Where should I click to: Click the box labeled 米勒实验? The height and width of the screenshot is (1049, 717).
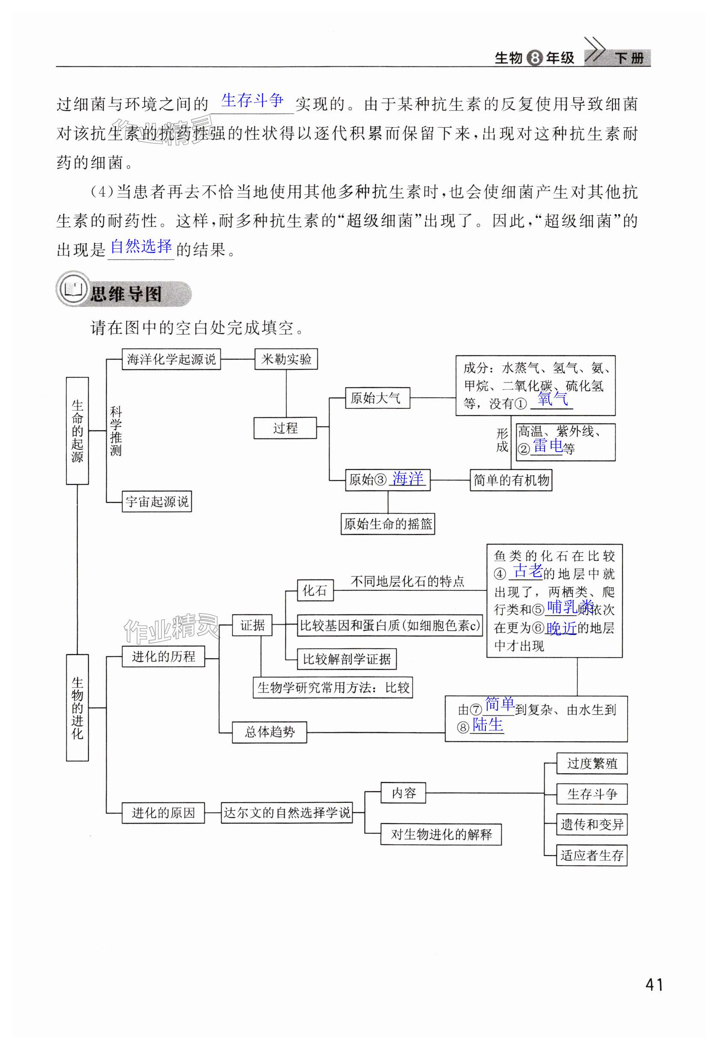click(x=286, y=359)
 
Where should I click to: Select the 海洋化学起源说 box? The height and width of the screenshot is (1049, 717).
click(x=171, y=359)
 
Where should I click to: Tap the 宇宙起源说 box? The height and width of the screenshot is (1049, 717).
click(x=157, y=501)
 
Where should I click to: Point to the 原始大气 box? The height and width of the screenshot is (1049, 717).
click(x=377, y=398)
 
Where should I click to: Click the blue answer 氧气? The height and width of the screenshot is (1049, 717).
click(x=552, y=399)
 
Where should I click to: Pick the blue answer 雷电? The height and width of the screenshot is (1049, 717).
click(x=547, y=446)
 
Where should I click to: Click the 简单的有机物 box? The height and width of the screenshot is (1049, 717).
click(x=511, y=480)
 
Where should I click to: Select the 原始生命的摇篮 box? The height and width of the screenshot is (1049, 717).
click(x=387, y=524)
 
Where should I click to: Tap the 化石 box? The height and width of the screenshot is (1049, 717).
click(x=315, y=590)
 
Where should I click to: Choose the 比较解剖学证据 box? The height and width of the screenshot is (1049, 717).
click(x=347, y=659)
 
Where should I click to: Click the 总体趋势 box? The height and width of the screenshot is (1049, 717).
click(x=269, y=732)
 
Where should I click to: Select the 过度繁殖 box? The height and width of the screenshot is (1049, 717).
click(x=592, y=763)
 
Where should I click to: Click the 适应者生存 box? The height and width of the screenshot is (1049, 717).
click(x=592, y=855)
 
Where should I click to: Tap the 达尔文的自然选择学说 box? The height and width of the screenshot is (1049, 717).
click(x=286, y=813)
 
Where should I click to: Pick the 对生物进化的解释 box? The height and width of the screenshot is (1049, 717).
click(x=441, y=834)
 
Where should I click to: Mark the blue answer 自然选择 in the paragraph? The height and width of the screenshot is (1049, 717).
click(x=141, y=247)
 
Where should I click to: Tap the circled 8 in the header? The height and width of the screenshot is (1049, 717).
click(x=535, y=58)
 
